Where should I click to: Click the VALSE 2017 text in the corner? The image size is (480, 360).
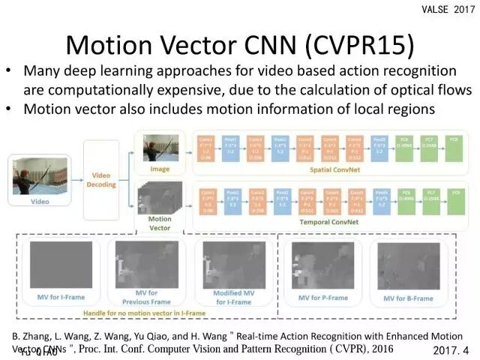(x=449, y=8)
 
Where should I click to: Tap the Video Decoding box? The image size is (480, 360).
(x=101, y=180)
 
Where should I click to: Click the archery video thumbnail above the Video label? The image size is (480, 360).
(x=40, y=175)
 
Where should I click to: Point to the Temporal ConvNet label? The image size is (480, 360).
(x=330, y=222)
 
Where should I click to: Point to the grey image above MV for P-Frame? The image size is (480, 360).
(x=325, y=265)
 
